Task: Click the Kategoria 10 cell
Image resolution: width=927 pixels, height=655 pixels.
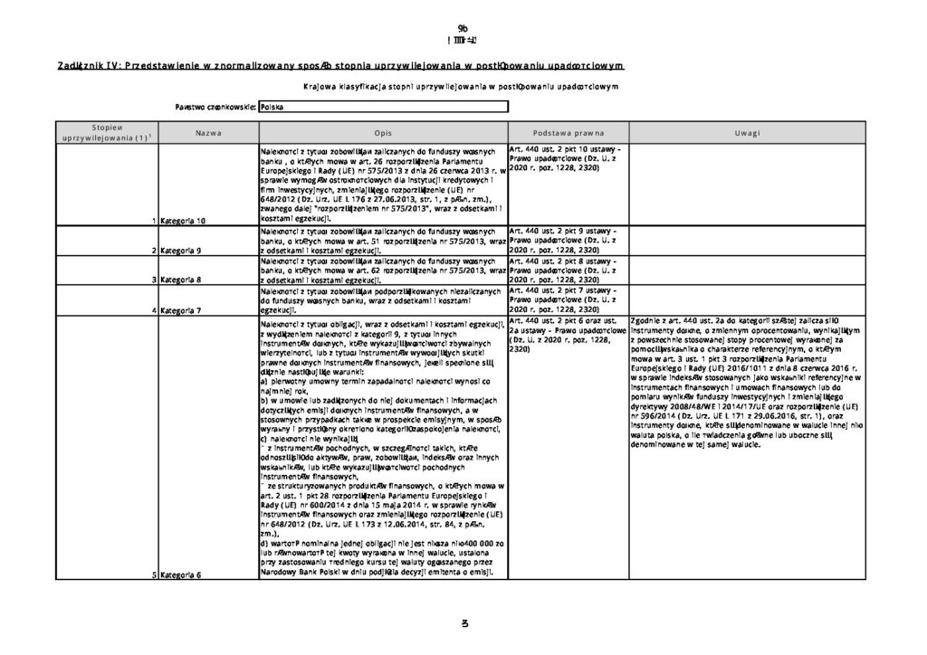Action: coord(186,220)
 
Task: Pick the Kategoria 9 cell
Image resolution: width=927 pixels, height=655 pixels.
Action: coord(183,250)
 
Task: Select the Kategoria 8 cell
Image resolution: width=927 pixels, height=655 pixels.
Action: coord(183,280)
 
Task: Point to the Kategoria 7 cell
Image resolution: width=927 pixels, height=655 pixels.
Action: coord(183,310)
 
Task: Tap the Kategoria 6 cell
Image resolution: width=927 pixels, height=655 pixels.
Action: coord(183,574)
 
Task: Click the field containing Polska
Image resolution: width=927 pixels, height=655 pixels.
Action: coord(382,107)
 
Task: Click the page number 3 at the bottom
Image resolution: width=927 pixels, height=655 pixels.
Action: coord(463,624)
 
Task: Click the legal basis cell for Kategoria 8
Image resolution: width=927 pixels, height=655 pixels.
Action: coord(569,270)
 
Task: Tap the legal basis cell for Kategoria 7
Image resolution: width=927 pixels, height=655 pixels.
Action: coord(569,300)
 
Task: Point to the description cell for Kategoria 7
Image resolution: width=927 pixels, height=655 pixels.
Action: coord(382,300)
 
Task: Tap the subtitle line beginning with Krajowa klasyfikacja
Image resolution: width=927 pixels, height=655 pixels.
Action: coord(463,87)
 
